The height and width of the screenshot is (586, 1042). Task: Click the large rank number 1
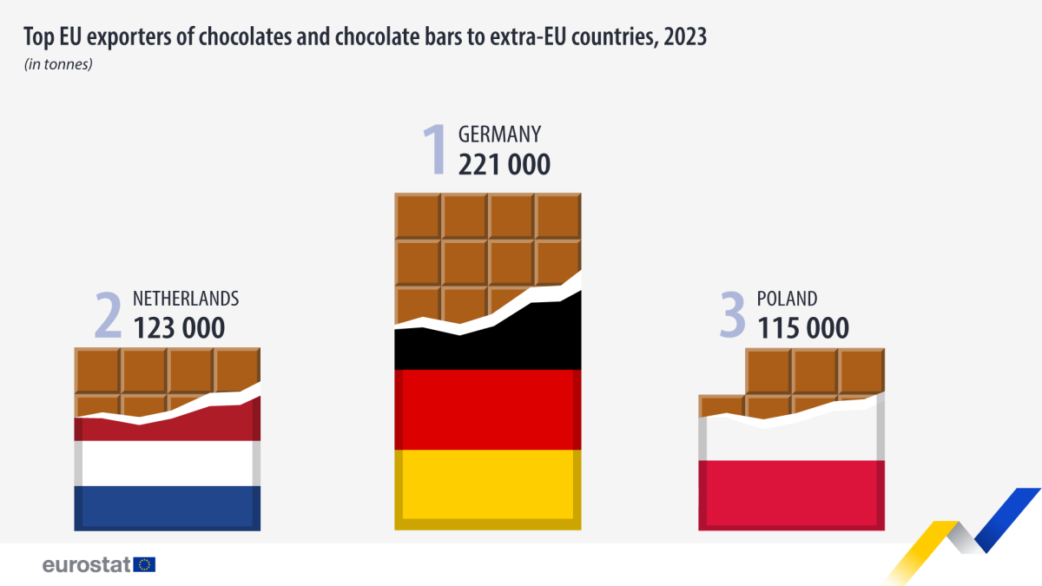point(433,149)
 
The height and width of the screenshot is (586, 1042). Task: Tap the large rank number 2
point(108,314)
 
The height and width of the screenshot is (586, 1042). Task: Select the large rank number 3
point(733,314)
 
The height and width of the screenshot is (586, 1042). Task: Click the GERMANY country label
point(499,135)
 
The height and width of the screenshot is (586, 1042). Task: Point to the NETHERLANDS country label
point(185,299)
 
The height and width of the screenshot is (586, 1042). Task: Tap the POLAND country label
point(787,299)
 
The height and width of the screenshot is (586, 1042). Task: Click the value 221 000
point(504,164)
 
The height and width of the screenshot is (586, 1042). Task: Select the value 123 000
point(179,328)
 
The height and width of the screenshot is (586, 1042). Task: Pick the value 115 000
point(802,328)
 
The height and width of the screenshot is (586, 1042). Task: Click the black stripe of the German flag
point(487,347)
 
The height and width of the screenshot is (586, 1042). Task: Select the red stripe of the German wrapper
point(487,409)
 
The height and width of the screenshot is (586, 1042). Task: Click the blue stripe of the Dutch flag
point(167,506)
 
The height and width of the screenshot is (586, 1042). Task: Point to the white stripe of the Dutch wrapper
point(167,463)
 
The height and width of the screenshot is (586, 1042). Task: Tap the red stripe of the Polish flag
point(791,492)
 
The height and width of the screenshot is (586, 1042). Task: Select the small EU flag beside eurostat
point(145,564)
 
